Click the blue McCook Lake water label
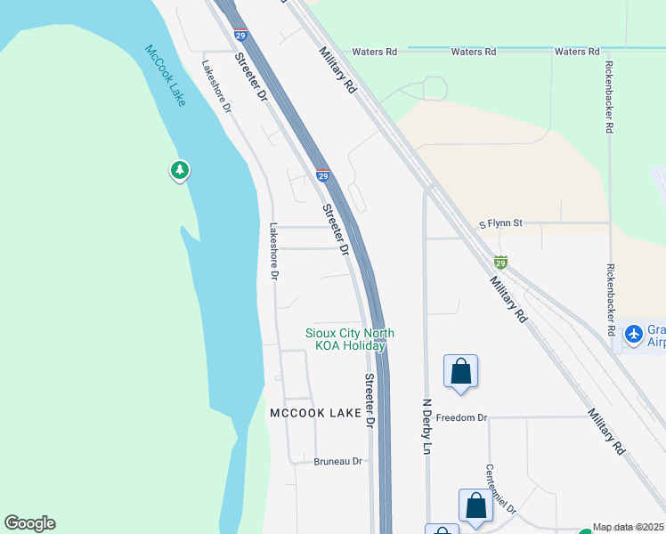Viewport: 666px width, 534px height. [166, 75]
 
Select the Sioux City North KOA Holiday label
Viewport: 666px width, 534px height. [349, 339]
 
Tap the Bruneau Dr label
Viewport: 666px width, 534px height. [338, 461]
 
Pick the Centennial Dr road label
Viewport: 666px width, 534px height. [501, 489]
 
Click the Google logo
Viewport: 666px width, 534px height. [29, 523]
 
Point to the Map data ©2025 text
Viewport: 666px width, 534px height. [628, 527]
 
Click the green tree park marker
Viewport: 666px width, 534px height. [180, 169]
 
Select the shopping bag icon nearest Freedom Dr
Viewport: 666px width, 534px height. [460, 371]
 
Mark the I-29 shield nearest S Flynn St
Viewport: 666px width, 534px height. [500, 263]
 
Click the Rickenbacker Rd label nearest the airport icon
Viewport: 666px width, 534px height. [611, 298]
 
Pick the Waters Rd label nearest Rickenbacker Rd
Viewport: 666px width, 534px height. [577, 52]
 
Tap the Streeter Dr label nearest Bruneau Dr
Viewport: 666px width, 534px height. [368, 401]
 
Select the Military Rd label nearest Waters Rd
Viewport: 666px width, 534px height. [338, 70]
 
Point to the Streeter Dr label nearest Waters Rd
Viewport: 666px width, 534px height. [251, 77]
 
